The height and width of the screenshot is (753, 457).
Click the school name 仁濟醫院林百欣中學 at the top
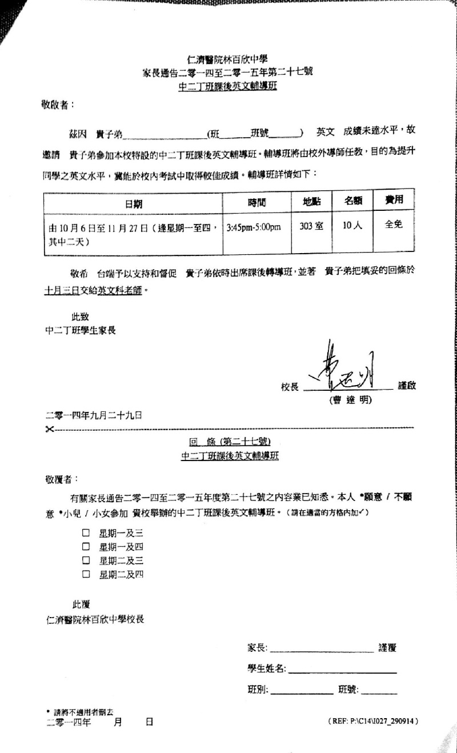(227, 59)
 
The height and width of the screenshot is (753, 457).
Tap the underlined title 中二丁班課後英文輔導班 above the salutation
(227, 87)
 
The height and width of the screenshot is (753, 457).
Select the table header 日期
(134, 202)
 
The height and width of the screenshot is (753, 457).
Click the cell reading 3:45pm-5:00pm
(254, 227)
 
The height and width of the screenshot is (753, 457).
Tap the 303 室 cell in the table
(311, 226)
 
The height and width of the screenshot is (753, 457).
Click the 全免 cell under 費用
(394, 225)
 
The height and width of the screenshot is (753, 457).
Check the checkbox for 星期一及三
(86, 532)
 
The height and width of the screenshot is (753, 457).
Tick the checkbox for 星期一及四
(86, 546)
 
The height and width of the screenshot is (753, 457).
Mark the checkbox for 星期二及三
(86, 560)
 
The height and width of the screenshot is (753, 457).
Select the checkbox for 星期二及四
(86, 574)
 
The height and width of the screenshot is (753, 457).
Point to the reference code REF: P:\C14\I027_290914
(374, 722)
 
